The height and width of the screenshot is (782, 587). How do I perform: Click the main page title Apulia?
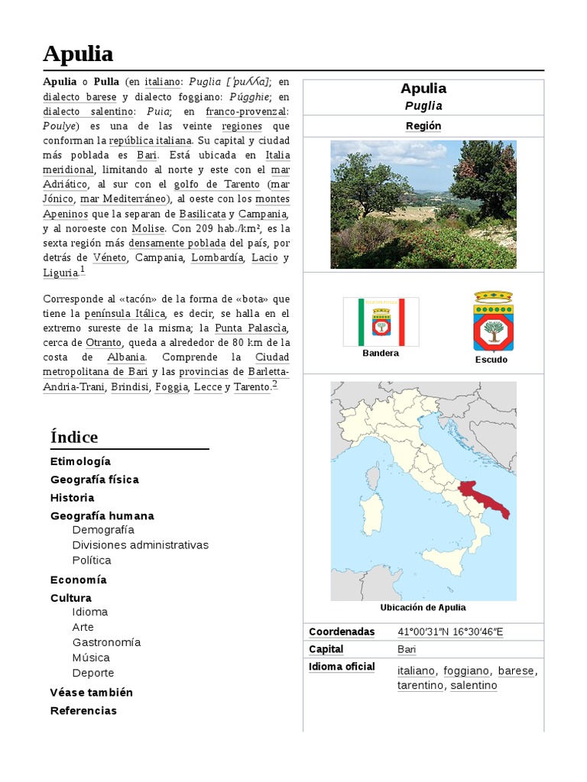(x=78, y=53)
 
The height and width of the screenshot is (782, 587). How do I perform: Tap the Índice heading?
(x=74, y=437)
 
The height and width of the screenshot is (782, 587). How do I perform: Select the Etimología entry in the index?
(x=80, y=461)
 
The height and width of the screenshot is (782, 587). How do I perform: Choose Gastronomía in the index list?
(x=106, y=642)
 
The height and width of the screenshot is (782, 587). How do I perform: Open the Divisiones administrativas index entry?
(x=140, y=544)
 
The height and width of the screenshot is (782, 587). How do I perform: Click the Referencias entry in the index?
(x=83, y=710)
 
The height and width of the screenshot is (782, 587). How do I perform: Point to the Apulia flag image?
(x=381, y=322)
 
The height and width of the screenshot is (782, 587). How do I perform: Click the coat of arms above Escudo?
(x=493, y=321)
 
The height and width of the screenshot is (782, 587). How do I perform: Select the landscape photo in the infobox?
(x=423, y=204)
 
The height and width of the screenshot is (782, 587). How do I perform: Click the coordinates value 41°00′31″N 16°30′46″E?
(x=450, y=632)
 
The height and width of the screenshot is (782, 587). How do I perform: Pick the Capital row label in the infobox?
(x=326, y=649)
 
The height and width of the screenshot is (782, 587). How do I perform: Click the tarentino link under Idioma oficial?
(x=420, y=685)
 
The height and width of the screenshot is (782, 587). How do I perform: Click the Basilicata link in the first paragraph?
(x=203, y=214)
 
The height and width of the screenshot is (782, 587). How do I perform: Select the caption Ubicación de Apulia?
(x=423, y=608)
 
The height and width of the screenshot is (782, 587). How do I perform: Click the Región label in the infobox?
(x=423, y=126)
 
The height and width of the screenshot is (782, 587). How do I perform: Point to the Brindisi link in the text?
(x=129, y=387)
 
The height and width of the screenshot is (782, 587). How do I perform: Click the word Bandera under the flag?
(x=381, y=353)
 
